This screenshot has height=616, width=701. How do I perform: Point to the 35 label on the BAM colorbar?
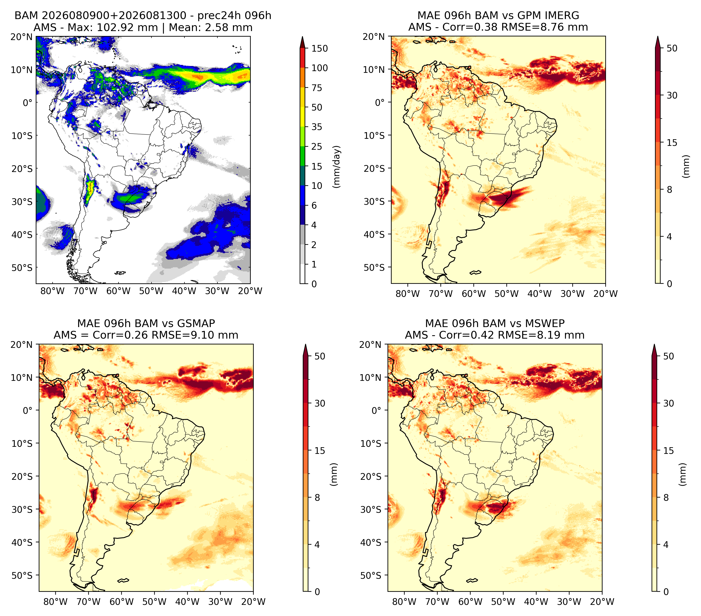(x=316, y=127)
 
